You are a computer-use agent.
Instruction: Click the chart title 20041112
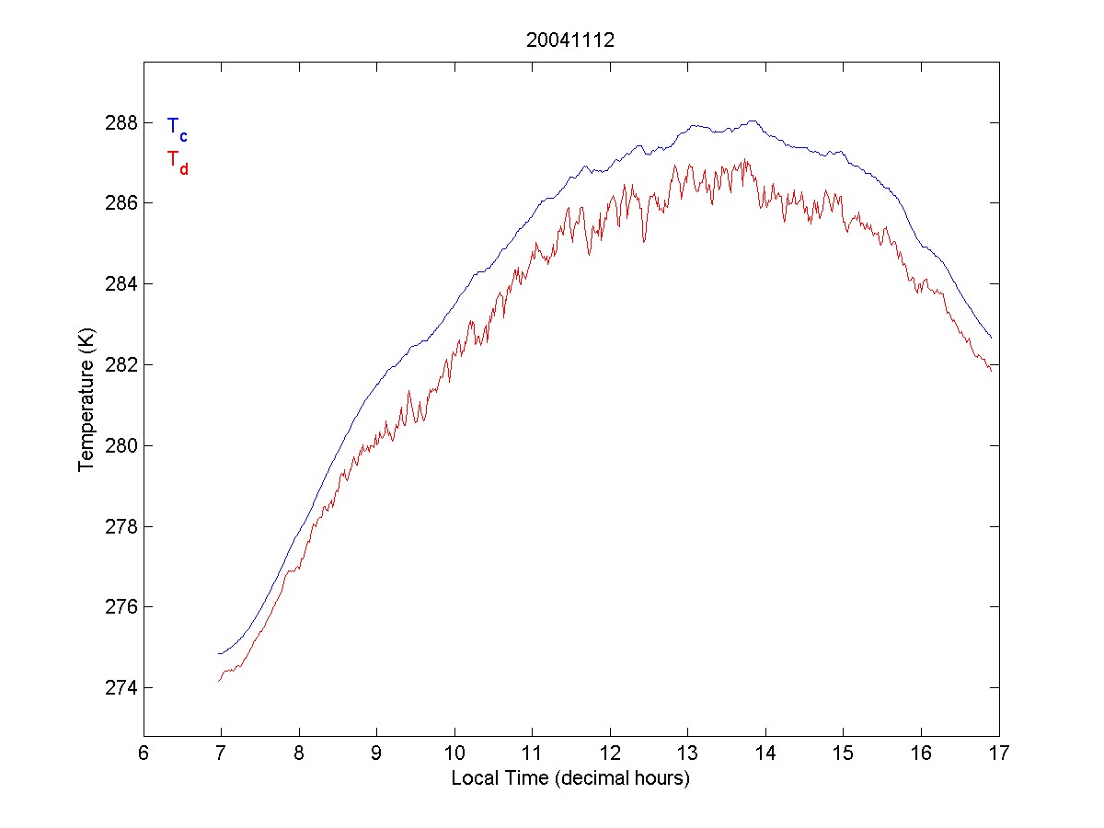[x=569, y=40]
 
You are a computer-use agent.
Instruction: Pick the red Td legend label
[x=177, y=161]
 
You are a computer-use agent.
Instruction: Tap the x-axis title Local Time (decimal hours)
[x=570, y=778]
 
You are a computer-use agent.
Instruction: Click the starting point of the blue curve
[x=219, y=654]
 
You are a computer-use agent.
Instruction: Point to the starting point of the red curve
[x=219, y=681]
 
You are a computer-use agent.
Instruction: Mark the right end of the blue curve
[x=991, y=338]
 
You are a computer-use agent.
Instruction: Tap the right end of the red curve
[x=991, y=370]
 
